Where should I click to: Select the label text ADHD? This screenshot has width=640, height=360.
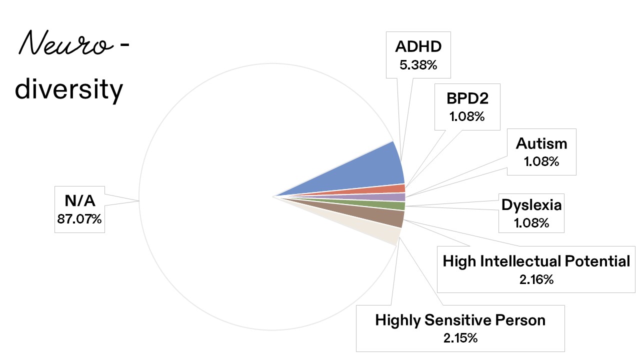[418, 47]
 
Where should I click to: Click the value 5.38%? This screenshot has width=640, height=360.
[418, 64]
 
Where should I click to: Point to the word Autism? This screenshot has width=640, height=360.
[541, 144]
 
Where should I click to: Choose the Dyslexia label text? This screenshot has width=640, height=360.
[531, 205]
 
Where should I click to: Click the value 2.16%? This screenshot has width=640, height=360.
[536, 279]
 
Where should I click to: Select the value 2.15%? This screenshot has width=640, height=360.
[460, 337]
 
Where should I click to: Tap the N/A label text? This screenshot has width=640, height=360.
[79, 201]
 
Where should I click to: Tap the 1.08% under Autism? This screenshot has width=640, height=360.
[541, 162]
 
